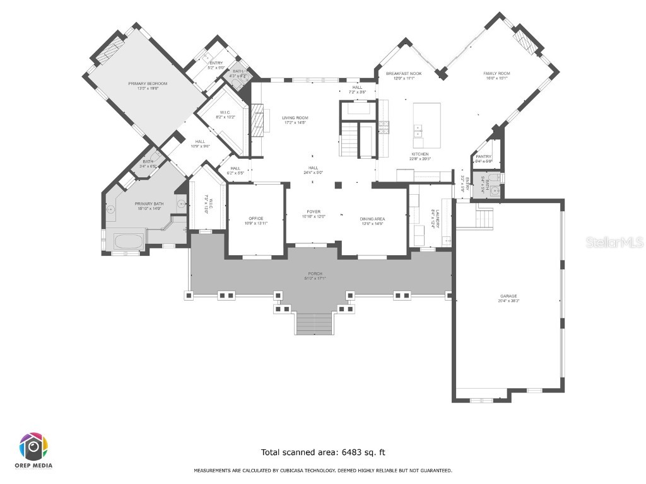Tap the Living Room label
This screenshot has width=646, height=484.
(x=295, y=118)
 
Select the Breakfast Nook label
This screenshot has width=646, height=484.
(x=404, y=74)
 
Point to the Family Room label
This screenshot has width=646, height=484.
(x=496, y=74)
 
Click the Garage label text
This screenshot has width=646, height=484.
(x=508, y=296)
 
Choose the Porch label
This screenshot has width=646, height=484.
(x=315, y=276)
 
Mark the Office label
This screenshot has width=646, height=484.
(x=255, y=218)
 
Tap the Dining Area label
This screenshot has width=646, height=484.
(x=372, y=219)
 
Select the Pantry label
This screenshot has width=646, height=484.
(x=484, y=156)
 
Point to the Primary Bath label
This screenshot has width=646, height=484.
(x=149, y=204)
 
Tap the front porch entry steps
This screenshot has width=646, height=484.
(x=314, y=323)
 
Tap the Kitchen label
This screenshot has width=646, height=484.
(x=420, y=154)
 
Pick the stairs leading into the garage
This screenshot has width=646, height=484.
(x=484, y=217)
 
